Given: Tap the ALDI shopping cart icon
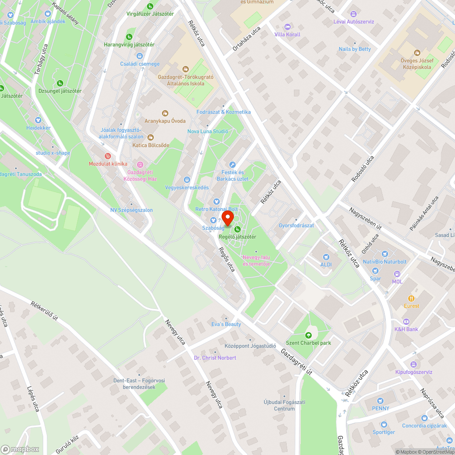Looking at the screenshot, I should click(x=325, y=257).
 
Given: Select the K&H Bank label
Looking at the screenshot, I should click(x=406, y=329).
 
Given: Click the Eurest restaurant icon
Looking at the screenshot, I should click(x=411, y=298).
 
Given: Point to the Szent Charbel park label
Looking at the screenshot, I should click(x=308, y=343).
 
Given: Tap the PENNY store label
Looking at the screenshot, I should click(x=380, y=408).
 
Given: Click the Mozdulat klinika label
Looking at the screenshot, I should click(x=108, y=164).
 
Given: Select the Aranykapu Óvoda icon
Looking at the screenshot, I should click(x=165, y=113).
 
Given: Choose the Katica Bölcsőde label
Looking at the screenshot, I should click(x=151, y=145).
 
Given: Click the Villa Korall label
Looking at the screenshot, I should click(x=288, y=35).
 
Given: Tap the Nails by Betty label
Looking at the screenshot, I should click(x=355, y=49).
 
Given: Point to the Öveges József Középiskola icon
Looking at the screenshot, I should click(x=417, y=53).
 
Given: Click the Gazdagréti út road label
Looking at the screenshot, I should click(x=296, y=362).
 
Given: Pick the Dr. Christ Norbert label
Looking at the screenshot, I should click(x=215, y=358).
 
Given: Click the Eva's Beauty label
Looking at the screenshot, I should click(x=226, y=324).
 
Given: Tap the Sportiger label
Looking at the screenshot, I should click(x=384, y=432).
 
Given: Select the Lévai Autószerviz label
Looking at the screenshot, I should click(x=354, y=21).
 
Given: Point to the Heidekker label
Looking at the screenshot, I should click(x=38, y=128).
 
